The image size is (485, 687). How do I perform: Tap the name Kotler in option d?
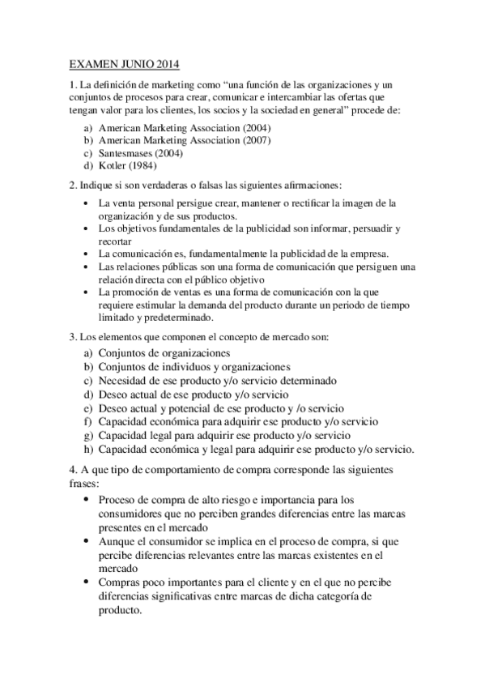pyautogui.click(x=113, y=165)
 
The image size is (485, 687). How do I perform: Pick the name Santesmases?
pyautogui.click(x=128, y=153)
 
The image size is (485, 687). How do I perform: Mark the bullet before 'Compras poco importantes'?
pyautogui.click(x=87, y=583)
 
